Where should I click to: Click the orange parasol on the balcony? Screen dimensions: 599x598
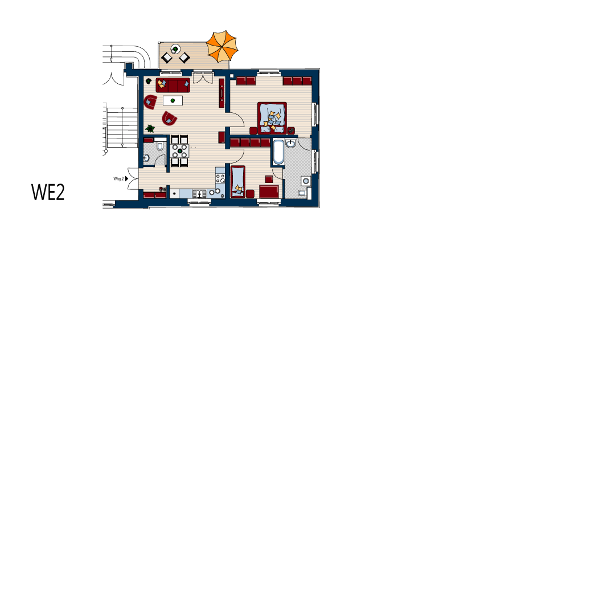click(x=221, y=47)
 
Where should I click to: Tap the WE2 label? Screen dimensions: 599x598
click(x=48, y=193)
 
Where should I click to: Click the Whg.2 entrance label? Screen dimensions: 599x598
click(x=118, y=179)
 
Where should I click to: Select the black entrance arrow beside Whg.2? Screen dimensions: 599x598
click(x=127, y=179)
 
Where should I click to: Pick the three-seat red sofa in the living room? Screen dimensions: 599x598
click(x=173, y=85)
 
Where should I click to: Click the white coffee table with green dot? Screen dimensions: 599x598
click(x=173, y=101)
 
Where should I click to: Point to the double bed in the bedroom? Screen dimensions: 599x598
click(x=273, y=116)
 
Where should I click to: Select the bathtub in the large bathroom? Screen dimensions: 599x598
click(x=278, y=152)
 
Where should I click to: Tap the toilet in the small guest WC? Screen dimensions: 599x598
click(x=159, y=147)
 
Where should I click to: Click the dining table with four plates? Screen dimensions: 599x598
click(x=179, y=151)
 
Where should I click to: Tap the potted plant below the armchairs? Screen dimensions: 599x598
click(x=150, y=129)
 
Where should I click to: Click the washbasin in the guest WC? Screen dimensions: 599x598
click(x=147, y=158)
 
